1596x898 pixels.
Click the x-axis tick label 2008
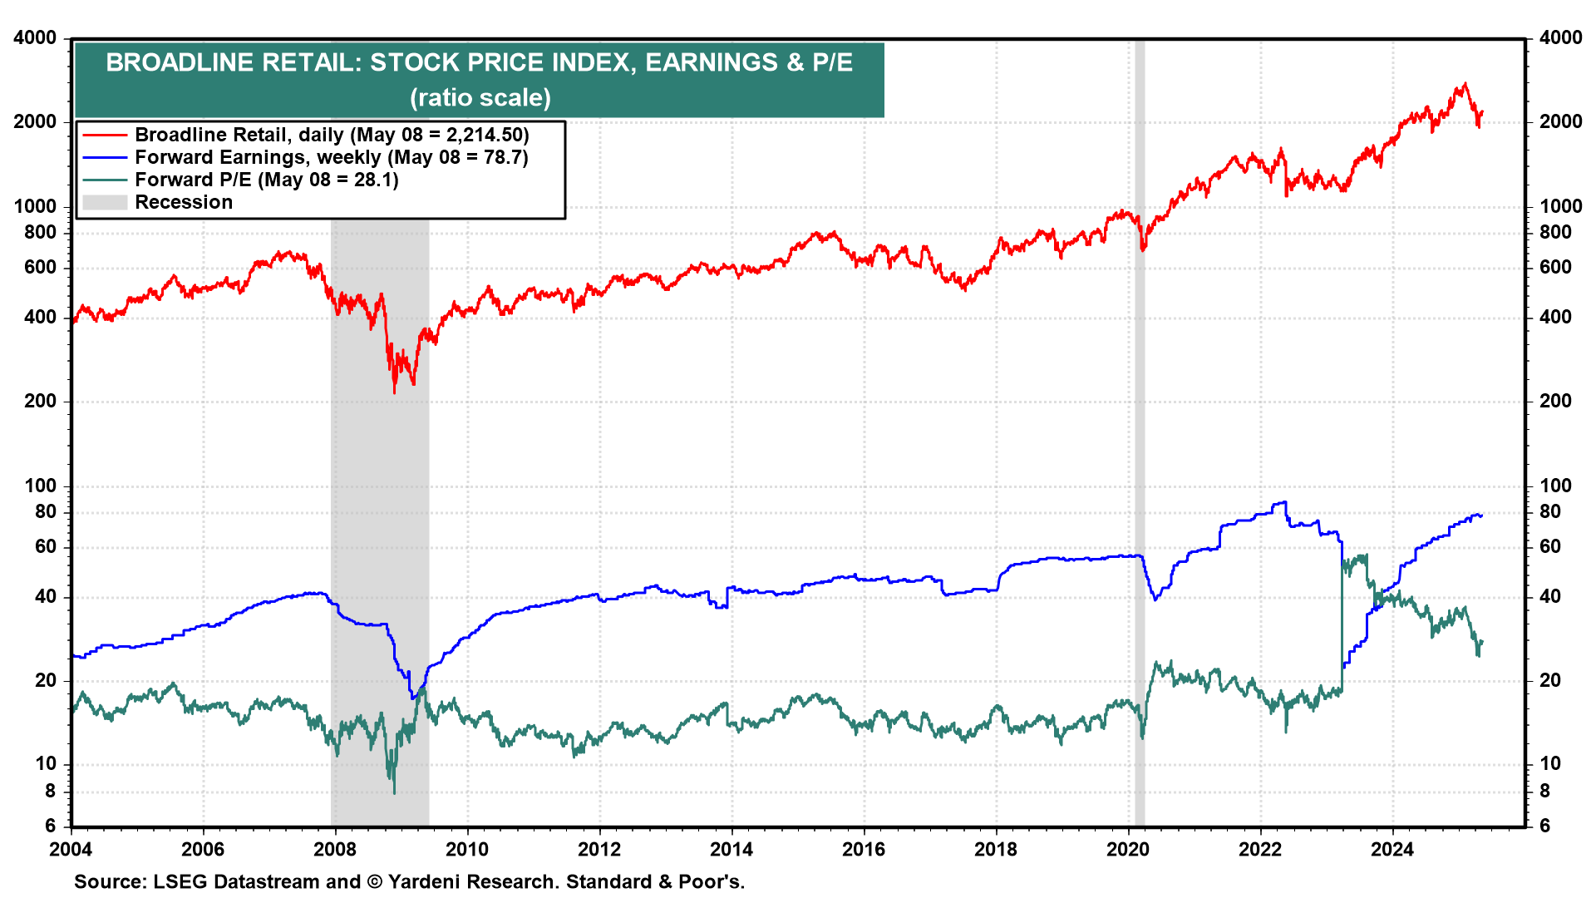pos(335,849)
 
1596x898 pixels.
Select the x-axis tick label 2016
pos(864,849)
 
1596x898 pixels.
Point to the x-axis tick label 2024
pos(1392,849)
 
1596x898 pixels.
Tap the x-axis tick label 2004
pos(71,849)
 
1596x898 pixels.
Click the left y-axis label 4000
pos(36,38)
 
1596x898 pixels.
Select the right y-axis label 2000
pos(1560,121)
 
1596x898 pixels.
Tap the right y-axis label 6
pos(1544,826)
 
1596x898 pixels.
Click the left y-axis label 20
pos(46,680)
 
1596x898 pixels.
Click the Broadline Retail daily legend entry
pos(332,135)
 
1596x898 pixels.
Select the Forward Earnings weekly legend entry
pos(331,157)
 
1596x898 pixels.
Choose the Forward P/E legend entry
pos(266,180)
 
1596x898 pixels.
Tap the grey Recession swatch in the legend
pos(105,202)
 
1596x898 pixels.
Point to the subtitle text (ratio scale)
pos(480,97)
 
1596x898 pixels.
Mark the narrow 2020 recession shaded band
pos(1140,432)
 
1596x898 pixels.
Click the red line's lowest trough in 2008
pos(394,392)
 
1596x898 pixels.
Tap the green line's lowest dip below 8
pos(394,792)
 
